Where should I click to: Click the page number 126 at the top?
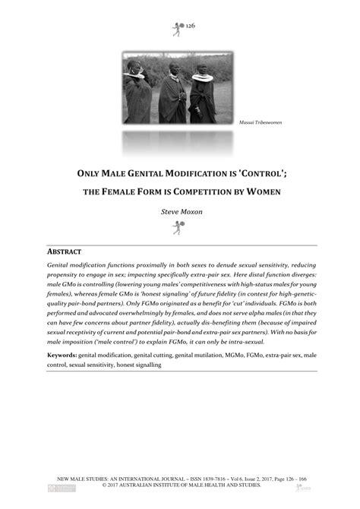point(190,25)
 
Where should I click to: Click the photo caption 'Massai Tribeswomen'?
point(261,122)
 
